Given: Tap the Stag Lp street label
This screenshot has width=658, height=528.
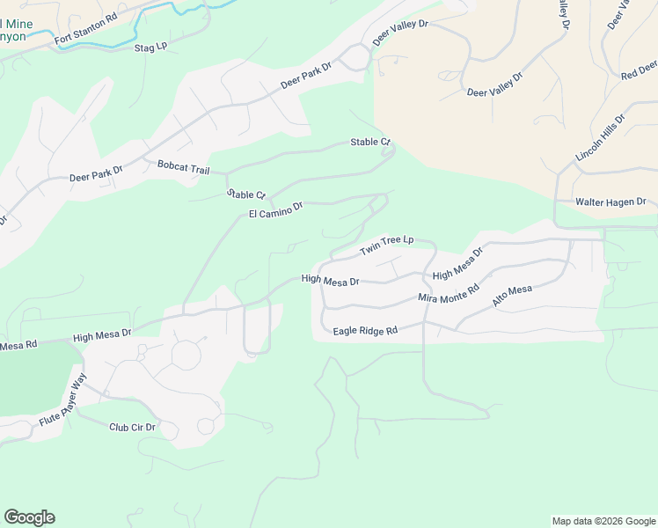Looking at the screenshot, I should (x=150, y=46).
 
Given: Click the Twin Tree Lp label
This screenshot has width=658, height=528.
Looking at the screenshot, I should (x=385, y=246).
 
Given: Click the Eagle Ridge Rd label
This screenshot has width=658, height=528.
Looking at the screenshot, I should (x=365, y=331).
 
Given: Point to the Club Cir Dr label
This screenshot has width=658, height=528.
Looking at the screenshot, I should (x=132, y=428).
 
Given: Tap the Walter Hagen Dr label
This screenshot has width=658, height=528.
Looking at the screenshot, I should (x=609, y=202).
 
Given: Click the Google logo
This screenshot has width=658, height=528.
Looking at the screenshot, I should (x=29, y=517).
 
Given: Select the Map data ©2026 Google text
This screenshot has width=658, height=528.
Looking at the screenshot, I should (x=603, y=521).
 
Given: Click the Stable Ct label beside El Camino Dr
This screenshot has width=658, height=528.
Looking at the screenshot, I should (x=245, y=194).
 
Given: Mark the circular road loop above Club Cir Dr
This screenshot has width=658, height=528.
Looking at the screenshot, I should (x=186, y=355).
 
